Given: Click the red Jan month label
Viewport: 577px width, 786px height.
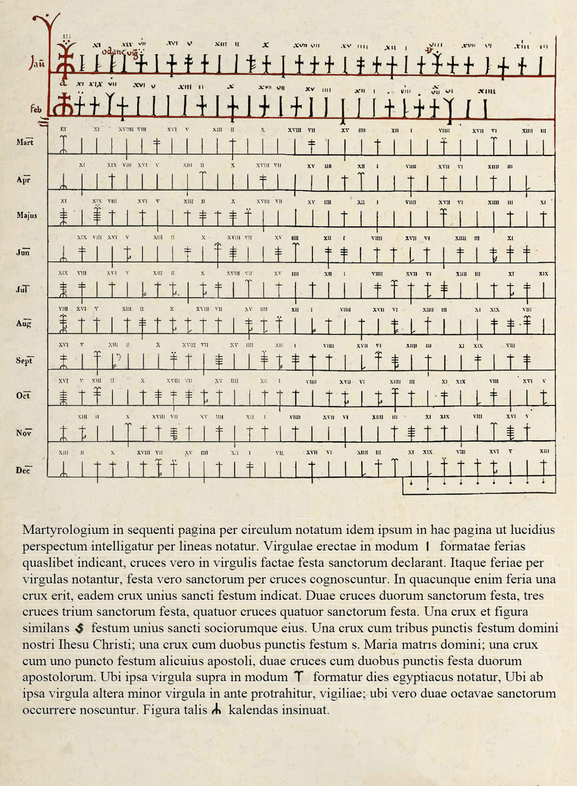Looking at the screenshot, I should tap(37, 64).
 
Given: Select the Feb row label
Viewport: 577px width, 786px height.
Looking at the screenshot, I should tap(36, 109).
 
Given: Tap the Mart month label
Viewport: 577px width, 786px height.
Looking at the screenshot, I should tap(25, 142).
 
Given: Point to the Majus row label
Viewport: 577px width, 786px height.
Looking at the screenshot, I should tap(27, 215).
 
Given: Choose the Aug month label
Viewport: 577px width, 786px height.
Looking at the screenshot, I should tap(24, 324).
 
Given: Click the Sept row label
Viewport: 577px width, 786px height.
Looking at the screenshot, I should tap(25, 360).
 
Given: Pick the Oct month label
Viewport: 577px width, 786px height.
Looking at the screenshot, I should tap(23, 395).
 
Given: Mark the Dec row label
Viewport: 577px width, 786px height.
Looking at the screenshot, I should tap(23, 470).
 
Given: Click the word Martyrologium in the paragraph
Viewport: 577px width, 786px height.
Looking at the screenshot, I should tap(66, 530).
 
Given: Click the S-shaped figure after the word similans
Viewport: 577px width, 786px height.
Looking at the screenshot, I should tap(80, 628).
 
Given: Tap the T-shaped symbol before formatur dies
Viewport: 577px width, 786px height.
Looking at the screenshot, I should tap(300, 677).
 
